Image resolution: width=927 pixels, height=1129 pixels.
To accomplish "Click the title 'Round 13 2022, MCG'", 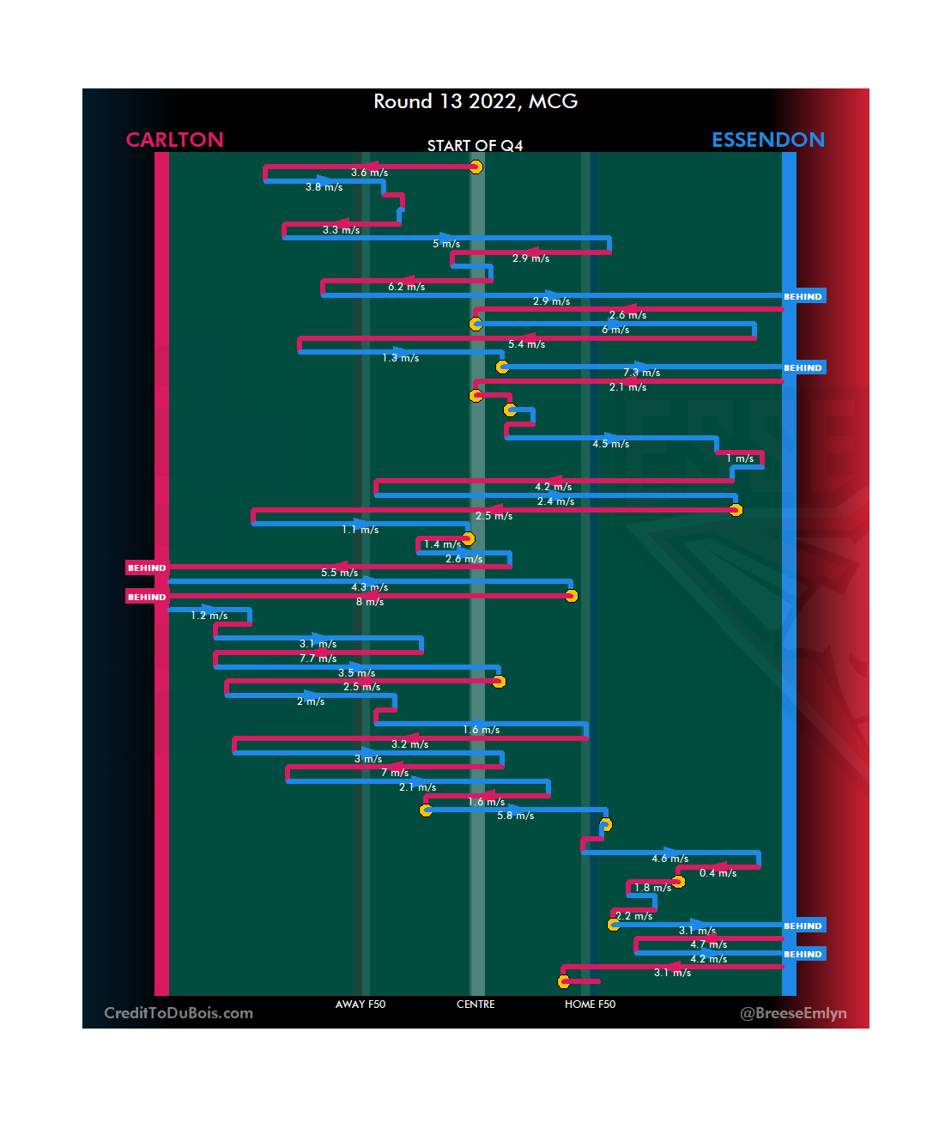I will [476, 101].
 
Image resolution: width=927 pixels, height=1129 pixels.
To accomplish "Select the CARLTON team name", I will [174, 140].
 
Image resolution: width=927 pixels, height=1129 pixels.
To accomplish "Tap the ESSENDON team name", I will [767, 140].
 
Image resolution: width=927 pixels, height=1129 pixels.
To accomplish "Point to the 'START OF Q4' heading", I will [475, 146].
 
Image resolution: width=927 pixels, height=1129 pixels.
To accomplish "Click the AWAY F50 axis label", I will [360, 1005].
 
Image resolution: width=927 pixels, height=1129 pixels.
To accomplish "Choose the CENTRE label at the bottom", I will [476, 1005].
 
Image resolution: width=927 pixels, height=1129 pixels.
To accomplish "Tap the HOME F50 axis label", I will [590, 1005].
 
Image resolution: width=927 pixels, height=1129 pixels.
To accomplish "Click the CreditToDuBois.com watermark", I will [179, 1013].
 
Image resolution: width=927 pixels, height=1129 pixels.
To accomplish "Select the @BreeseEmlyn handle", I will [793, 1013].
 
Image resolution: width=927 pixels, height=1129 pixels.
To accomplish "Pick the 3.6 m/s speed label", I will [369, 173].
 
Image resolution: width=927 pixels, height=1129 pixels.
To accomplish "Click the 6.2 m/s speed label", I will [406, 287].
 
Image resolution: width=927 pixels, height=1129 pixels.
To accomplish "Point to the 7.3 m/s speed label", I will [641, 373].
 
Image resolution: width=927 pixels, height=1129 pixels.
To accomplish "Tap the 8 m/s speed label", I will [370, 602].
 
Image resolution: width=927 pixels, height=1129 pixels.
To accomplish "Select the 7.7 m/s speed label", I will [318, 659].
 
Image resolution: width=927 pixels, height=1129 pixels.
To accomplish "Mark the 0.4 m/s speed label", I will [718, 873].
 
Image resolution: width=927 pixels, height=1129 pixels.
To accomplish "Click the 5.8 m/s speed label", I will [515, 816].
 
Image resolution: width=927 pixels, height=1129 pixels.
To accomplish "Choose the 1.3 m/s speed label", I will [401, 358].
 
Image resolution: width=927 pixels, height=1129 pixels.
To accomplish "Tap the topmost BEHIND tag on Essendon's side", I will [803, 296].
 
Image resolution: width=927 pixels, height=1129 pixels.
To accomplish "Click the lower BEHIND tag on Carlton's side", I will [147, 597].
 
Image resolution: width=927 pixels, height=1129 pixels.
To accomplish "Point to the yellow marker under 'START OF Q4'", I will [476, 167].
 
